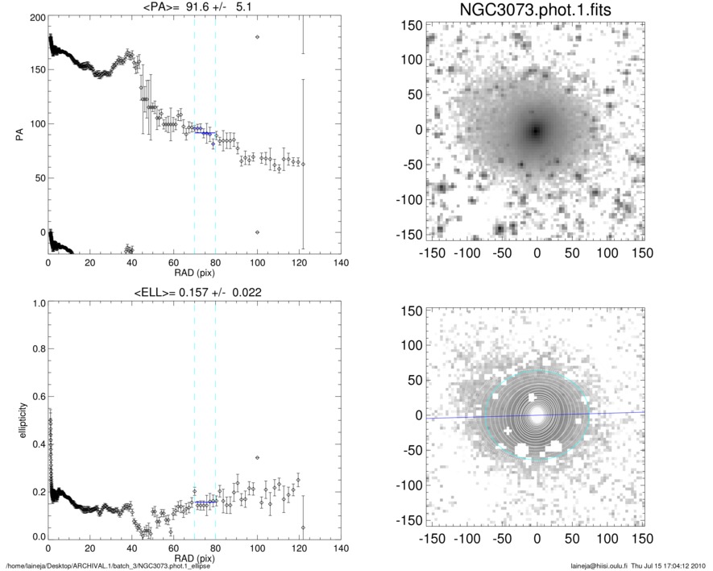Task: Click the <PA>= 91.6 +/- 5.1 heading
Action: coord(194,8)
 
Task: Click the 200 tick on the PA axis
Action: coord(36,17)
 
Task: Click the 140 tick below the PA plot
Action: coord(341,263)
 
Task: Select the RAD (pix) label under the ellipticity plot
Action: coord(194,558)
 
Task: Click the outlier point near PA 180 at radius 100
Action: coord(257,37)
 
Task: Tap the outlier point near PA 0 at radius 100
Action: coord(257,232)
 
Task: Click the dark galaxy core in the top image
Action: coord(536,130)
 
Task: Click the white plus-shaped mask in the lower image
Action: coord(508,431)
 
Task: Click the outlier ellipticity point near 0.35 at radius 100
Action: coord(257,457)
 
